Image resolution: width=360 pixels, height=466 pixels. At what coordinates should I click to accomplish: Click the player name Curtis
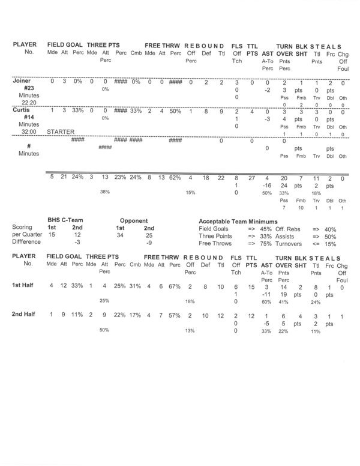[23, 111]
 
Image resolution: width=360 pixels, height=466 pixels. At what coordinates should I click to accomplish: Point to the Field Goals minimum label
[215, 228]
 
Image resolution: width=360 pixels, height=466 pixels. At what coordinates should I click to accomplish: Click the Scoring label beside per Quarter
[22, 228]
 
